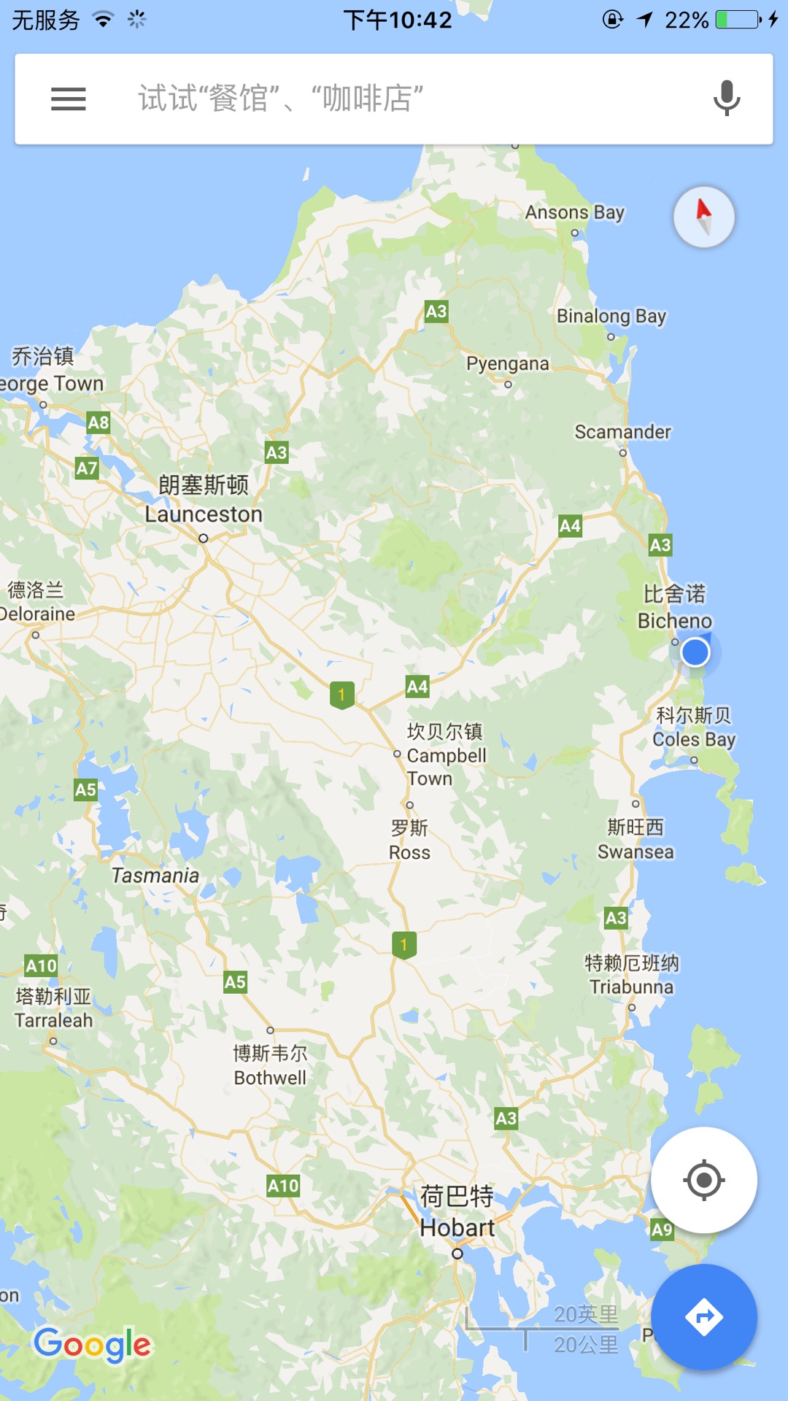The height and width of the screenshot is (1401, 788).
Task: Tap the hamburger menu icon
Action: click(x=69, y=99)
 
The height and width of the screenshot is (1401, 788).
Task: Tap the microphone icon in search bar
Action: click(x=726, y=99)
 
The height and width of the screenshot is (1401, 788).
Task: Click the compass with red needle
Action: click(x=703, y=217)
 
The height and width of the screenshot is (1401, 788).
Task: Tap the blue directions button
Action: click(x=703, y=1316)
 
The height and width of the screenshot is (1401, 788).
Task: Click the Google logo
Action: click(x=92, y=1344)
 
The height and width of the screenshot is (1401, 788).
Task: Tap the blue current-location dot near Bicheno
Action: click(x=695, y=652)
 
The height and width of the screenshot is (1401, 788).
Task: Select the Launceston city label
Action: click(x=204, y=514)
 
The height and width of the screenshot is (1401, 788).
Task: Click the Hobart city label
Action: click(x=457, y=1227)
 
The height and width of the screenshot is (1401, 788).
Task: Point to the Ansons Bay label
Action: click(x=575, y=212)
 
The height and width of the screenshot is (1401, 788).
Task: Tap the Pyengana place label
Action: click(x=508, y=363)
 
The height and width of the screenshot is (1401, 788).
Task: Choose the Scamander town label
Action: click(x=622, y=432)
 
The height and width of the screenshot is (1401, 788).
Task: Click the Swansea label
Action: click(x=636, y=852)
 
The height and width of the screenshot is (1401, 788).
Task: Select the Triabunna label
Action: click(x=632, y=987)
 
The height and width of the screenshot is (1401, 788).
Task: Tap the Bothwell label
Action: click(x=270, y=1077)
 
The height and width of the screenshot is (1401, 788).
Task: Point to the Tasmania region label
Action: click(x=155, y=875)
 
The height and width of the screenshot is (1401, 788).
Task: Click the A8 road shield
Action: click(x=98, y=422)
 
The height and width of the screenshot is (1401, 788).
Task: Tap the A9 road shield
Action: click(x=662, y=1230)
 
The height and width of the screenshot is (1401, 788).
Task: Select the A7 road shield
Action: click(x=87, y=468)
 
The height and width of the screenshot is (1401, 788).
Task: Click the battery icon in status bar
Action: click(x=738, y=20)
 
